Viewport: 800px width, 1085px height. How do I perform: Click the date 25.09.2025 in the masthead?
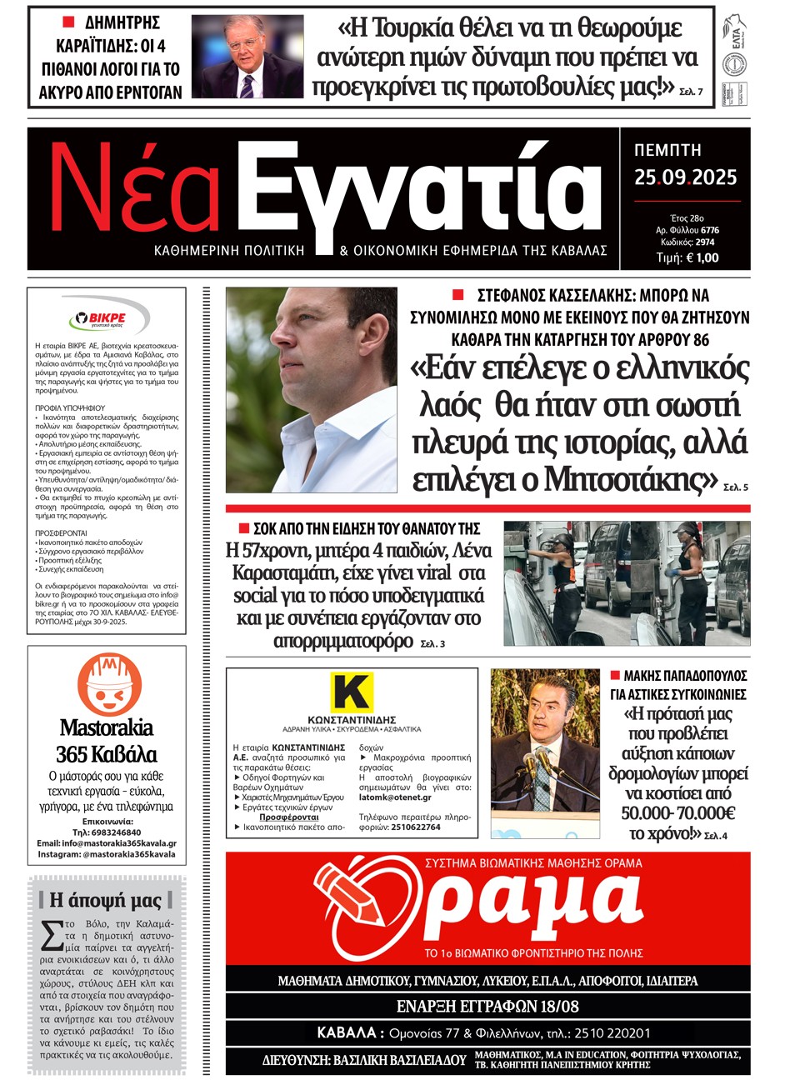coord(685,177)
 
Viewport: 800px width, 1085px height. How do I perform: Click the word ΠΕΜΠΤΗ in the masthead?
coord(667,151)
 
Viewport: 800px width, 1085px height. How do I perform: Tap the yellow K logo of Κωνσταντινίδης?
coord(351,692)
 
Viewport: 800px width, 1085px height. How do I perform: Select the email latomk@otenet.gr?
coord(395,797)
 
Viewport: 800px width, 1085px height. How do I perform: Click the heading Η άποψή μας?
coord(106,900)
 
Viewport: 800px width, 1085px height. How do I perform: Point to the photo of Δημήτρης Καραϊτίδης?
coord(247,57)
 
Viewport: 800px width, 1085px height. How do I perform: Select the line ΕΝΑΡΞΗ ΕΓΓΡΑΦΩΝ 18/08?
coord(487,1006)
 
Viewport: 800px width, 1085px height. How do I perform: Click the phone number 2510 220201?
coord(606,1033)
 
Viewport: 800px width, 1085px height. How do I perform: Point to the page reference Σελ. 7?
coord(691,92)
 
